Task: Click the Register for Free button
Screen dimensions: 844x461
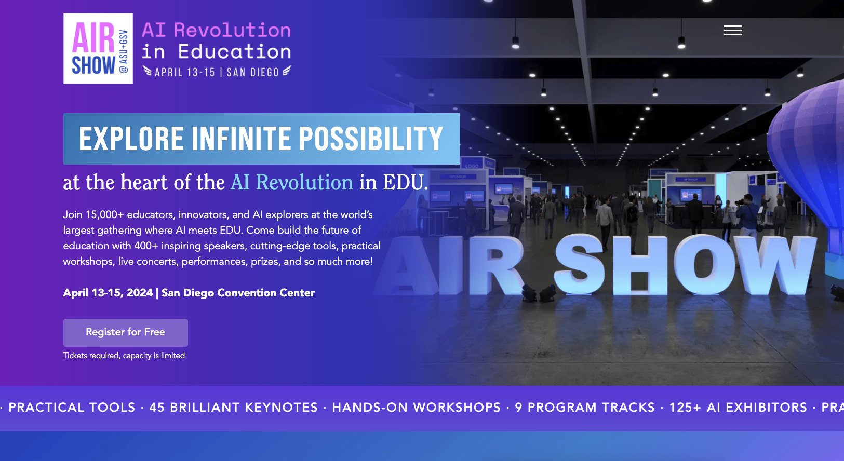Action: point(126,333)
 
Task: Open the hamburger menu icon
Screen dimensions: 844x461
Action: point(733,30)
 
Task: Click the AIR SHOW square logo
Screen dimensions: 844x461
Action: point(98,48)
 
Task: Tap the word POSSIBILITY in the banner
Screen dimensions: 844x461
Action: point(371,139)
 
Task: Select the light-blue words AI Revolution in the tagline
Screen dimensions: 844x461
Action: point(292,182)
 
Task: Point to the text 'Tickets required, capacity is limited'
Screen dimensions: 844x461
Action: point(124,356)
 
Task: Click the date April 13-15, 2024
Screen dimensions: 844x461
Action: point(108,293)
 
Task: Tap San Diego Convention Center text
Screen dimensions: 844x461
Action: point(238,293)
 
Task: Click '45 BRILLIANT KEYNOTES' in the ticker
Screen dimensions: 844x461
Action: point(234,408)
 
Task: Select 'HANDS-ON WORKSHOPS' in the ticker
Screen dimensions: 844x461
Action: point(417,408)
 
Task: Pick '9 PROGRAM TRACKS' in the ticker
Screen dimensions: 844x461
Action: point(585,408)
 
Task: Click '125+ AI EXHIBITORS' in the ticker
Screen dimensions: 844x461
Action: point(738,408)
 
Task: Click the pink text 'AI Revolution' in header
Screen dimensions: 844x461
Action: point(216,30)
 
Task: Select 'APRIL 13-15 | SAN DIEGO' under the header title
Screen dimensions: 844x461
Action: point(217,72)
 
